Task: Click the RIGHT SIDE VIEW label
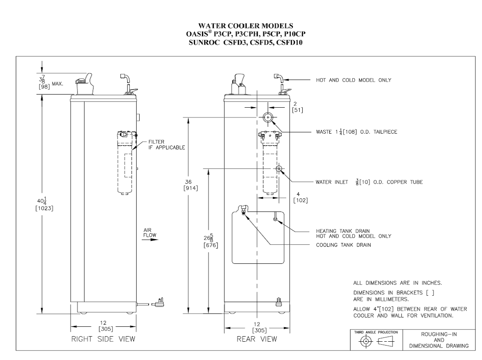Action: coord(103,339)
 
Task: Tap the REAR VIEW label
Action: coord(257,339)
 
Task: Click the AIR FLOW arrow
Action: coord(150,239)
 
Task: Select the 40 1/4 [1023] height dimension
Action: coord(44,205)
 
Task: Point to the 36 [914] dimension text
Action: coord(191,185)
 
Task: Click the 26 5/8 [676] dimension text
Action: coord(211,241)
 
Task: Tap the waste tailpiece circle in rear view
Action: coord(268,117)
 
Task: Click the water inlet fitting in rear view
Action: coord(279,169)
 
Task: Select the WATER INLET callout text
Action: coord(369,182)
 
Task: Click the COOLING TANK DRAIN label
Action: coord(343,245)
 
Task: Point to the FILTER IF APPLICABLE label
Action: coord(166,145)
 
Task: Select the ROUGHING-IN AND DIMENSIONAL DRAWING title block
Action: coord(439,340)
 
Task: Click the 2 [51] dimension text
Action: coord(297,107)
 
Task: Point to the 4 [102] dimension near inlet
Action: coord(300,197)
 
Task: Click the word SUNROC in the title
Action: coord(204,43)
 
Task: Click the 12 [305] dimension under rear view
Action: coord(259,327)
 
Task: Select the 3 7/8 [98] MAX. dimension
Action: coord(51,82)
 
